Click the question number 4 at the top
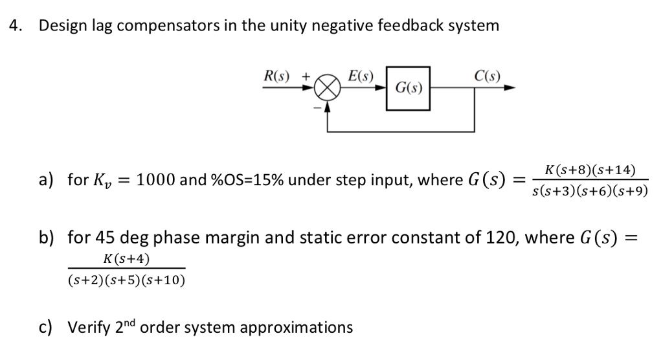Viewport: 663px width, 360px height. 14,26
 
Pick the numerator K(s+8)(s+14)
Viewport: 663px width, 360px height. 590,170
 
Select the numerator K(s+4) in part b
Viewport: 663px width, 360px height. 126,259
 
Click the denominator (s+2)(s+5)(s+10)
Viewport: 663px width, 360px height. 126,280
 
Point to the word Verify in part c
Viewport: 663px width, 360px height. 90,327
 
